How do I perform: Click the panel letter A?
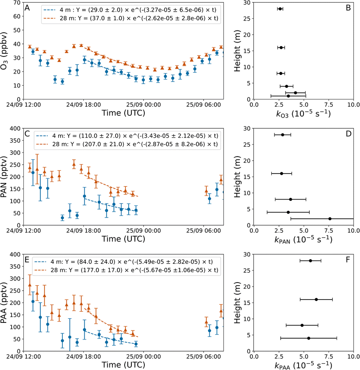point(27,7)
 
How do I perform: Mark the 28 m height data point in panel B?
point(280,9)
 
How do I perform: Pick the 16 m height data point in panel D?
point(282,173)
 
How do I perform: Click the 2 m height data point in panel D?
point(330,219)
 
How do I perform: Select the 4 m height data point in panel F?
point(308,338)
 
